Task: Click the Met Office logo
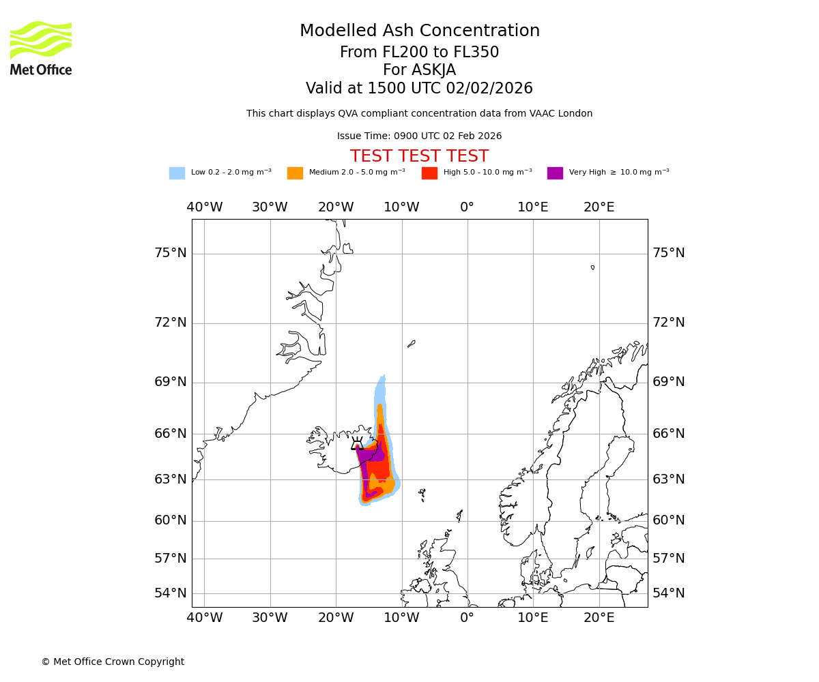click(41, 48)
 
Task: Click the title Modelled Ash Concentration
click(419, 31)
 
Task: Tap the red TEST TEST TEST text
click(419, 156)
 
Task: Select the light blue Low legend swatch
click(177, 173)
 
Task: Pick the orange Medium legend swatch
click(295, 173)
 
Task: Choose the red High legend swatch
click(429, 173)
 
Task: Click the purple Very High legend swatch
click(555, 173)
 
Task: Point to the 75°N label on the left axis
click(170, 253)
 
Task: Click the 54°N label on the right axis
click(669, 593)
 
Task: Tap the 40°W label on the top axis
click(204, 207)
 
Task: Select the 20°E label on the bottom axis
click(599, 618)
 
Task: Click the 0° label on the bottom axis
click(467, 618)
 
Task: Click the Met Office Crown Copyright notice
click(113, 662)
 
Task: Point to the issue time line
click(419, 136)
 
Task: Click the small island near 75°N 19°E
click(592, 267)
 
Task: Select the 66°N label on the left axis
click(170, 434)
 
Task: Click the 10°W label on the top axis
click(401, 207)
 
